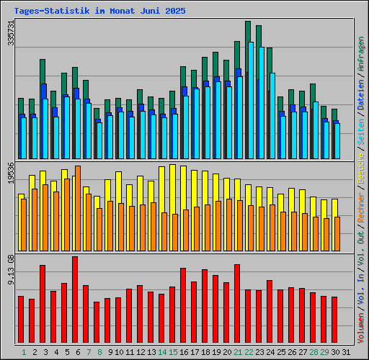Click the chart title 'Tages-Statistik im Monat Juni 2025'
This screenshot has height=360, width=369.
tap(99, 12)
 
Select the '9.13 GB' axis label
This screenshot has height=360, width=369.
tap(10, 269)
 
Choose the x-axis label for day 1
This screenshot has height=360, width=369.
tap(24, 352)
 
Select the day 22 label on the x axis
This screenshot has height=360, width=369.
tap(249, 352)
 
